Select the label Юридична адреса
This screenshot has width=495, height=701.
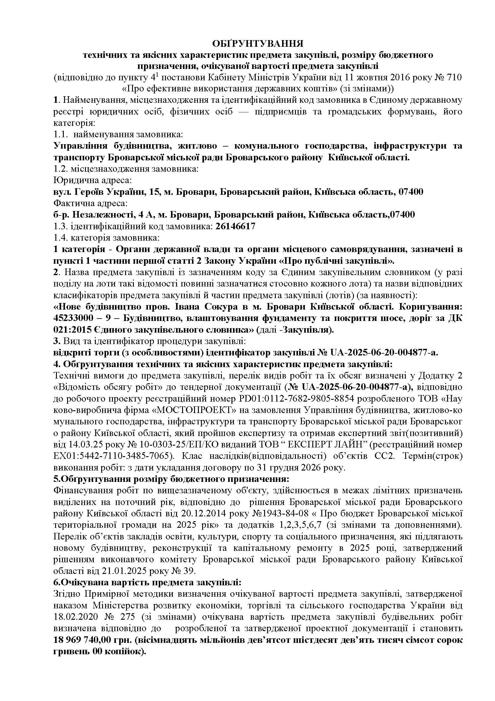[x=93, y=180]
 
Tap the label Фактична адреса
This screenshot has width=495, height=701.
[x=90, y=203]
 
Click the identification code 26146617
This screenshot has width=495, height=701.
[x=235, y=226]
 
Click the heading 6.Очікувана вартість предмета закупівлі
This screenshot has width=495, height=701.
[x=147, y=582]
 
